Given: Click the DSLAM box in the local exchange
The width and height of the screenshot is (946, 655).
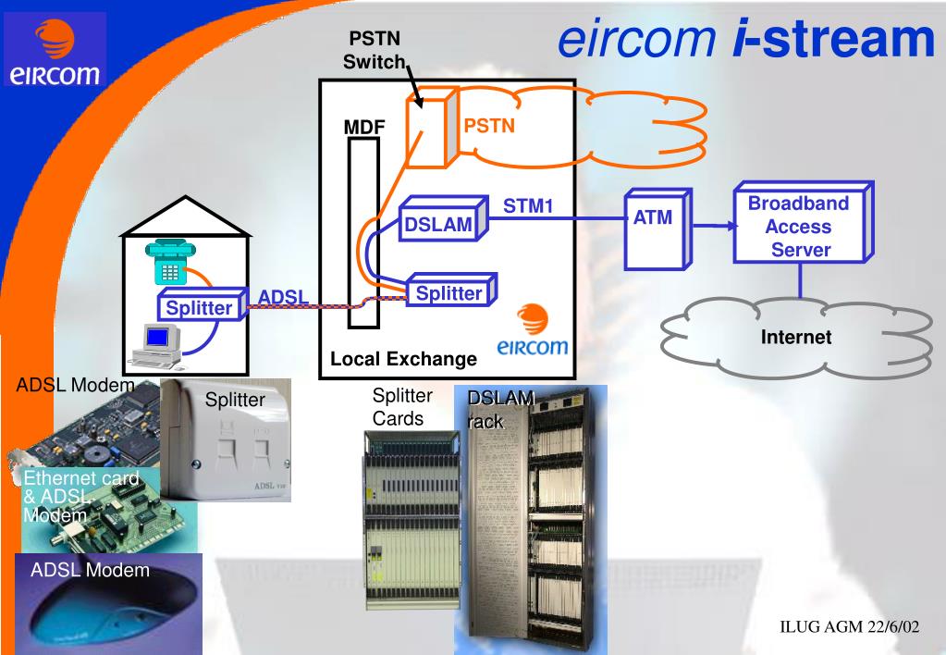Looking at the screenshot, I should pos(437,223).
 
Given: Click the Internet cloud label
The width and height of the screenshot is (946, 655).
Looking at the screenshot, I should pos(795,337).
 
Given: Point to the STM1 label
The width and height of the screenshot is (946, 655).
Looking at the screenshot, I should pos(527,204).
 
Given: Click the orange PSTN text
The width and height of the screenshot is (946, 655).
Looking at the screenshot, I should pos(489,126).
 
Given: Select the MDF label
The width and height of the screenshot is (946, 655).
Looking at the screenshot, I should pos(363,127).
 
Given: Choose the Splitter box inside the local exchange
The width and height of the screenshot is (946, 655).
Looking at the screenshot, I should pos(448,293).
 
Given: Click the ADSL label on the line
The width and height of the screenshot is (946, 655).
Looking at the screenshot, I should pos(284,297).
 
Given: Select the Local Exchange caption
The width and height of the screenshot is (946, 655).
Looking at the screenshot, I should pos(403,359).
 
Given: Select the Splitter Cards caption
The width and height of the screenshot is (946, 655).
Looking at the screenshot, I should pos(402,407).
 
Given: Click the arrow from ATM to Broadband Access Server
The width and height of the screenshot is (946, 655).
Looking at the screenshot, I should pos(711,226).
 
